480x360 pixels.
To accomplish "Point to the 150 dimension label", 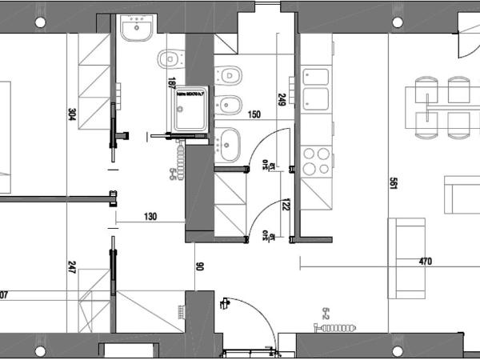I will (254, 115).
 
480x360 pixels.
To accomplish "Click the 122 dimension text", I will (286, 206).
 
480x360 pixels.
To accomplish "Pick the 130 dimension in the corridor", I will (150, 216).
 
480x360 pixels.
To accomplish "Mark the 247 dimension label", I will (73, 267).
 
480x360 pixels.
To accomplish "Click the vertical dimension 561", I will (393, 184).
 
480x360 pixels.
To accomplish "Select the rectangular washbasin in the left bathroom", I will (136, 30).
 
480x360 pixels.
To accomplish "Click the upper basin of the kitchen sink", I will (316, 77).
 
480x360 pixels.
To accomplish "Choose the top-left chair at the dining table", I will (426, 89).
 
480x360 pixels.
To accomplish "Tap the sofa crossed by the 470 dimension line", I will (406, 258).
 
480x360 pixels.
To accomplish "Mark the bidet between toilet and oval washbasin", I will (230, 103).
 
